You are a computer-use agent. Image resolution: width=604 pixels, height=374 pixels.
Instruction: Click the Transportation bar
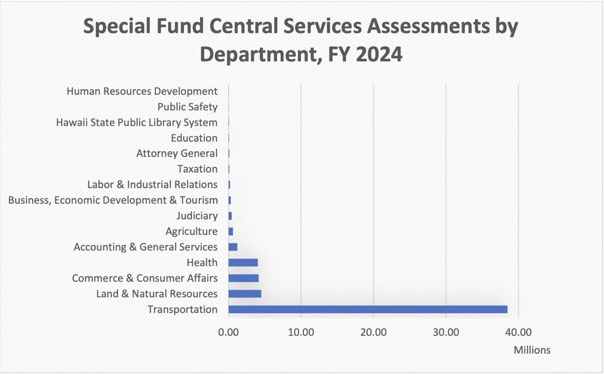(x=368, y=309)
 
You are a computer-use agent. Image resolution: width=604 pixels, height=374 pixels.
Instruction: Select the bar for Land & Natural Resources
(x=244, y=294)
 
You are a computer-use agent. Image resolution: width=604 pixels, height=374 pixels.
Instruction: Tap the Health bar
(x=243, y=263)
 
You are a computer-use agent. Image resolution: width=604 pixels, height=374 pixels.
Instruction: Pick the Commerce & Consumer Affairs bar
(x=243, y=278)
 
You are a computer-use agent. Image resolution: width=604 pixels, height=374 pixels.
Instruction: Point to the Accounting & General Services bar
(x=233, y=247)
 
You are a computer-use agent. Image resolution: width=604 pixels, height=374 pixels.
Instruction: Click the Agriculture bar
(x=231, y=232)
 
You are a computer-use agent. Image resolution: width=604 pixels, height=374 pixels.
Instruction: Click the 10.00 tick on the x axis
(x=301, y=332)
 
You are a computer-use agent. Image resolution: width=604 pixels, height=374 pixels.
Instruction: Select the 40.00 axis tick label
(x=518, y=332)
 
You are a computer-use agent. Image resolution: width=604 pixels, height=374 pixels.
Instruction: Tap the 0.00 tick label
(x=228, y=332)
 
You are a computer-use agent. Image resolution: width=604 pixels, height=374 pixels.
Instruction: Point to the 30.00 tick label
(x=446, y=332)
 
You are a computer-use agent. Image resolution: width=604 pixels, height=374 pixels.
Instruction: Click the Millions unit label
(x=532, y=350)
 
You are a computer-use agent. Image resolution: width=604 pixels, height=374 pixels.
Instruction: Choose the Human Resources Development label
(x=142, y=91)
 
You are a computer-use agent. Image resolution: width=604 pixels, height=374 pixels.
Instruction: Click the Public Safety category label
(x=187, y=107)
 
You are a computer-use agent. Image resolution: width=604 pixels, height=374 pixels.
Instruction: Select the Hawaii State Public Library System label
(x=137, y=123)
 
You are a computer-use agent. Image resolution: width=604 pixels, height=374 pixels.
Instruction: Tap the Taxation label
(x=197, y=169)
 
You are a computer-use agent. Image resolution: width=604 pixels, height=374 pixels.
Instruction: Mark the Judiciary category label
(x=197, y=216)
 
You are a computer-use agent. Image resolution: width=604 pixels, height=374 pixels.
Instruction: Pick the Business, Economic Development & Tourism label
(x=113, y=200)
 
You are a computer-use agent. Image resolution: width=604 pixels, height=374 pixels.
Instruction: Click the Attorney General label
(x=176, y=153)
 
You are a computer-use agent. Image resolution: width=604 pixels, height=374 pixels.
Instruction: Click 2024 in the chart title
(x=379, y=55)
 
